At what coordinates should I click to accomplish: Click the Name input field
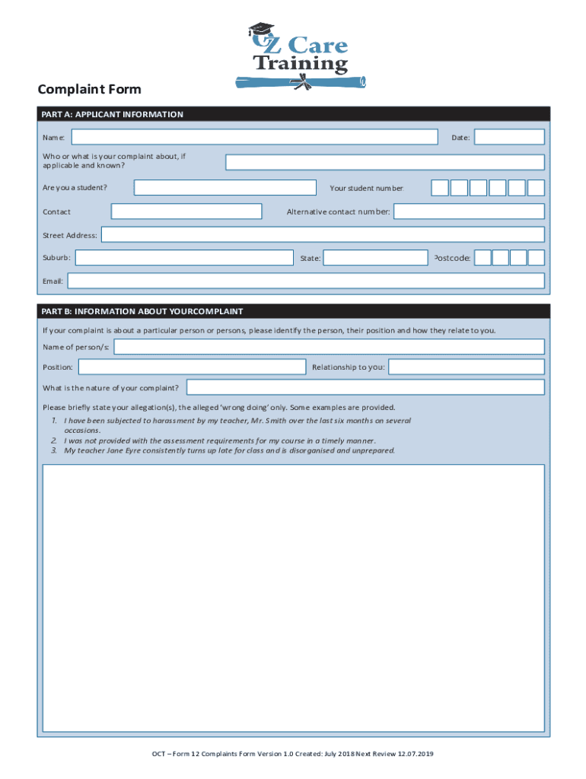254,137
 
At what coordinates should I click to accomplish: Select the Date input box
509,137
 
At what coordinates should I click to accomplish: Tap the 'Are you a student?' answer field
225,188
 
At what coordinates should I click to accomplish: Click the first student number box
440,188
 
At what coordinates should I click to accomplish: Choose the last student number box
536,188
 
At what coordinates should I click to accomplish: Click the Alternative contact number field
469,211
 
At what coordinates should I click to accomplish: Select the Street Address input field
323,234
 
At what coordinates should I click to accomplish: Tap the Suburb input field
184,258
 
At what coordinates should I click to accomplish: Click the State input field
376,258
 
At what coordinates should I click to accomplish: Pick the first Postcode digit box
482,258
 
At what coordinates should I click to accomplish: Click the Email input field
306,281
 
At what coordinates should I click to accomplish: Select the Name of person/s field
329,347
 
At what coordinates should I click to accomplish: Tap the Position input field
192,367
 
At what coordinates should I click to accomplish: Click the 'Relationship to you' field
467,367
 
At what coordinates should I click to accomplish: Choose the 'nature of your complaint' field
365,387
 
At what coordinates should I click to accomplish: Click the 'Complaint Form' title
90,90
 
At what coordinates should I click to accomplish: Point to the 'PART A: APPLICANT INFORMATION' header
113,115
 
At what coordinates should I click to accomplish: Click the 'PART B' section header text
142,312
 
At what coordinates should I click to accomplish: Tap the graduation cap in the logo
260,30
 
